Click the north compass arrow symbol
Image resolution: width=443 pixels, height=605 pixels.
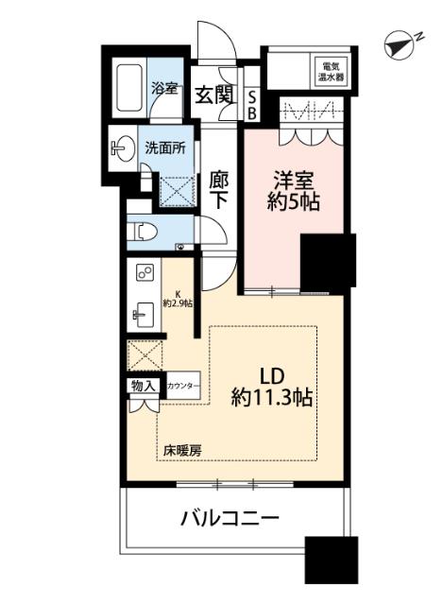tap(401, 43)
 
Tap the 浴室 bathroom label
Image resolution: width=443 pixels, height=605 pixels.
tap(164, 89)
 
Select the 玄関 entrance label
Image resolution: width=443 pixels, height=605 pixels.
tap(213, 95)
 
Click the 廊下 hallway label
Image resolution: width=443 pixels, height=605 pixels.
tap(219, 189)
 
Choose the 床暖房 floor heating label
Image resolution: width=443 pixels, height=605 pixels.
tap(180, 450)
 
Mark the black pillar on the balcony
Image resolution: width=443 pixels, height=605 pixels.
tap(332, 562)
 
